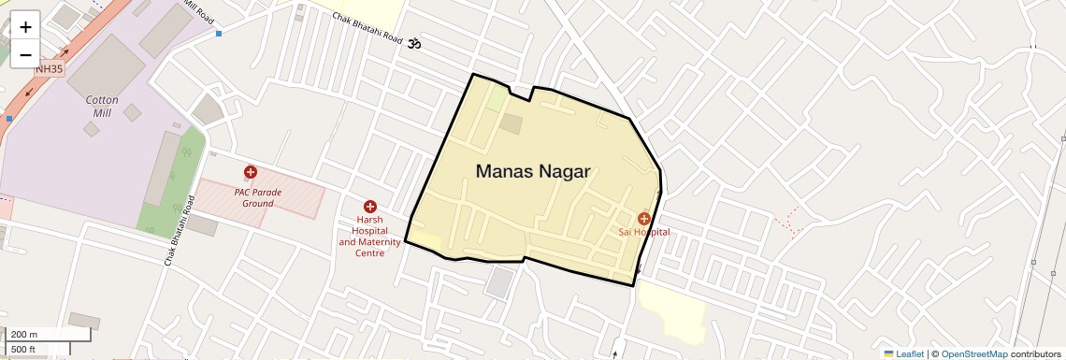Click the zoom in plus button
coord(25,27)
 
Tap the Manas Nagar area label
coord(533,171)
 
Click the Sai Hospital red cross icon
coord(643,218)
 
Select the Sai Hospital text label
coord(643,232)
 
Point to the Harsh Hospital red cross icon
coord(369,206)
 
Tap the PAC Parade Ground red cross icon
coord(251,172)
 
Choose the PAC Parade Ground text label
coord(258,197)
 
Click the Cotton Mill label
coord(101,106)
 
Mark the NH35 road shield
coord(50,68)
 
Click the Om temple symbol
coord(414,43)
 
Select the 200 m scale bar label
coord(25,334)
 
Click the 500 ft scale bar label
coord(23,350)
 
